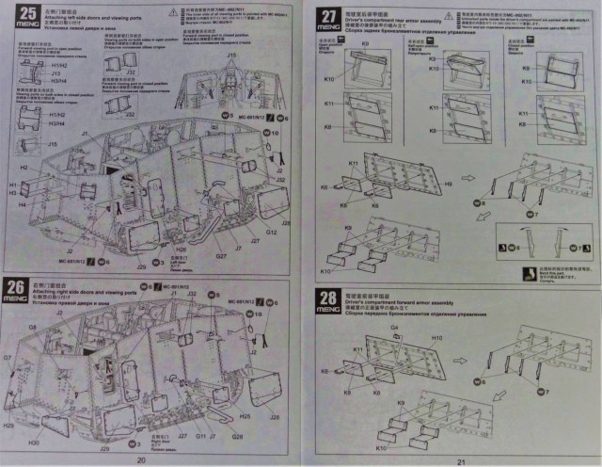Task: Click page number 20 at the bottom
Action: pos(140,459)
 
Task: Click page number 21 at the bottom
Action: pos(461,460)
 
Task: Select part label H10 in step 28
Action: pos(437,337)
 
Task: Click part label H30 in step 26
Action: pos(33,443)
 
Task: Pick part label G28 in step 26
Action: pos(237,436)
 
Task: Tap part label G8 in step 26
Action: pos(32,327)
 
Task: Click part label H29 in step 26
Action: pos(9,426)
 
